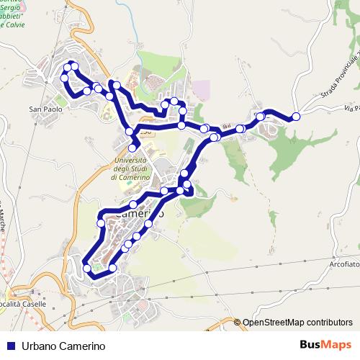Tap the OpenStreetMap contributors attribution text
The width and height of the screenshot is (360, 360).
[x=297, y=323]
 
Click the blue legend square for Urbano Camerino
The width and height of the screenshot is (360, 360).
[x=10, y=346]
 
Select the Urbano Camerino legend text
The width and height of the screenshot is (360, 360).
[x=63, y=346]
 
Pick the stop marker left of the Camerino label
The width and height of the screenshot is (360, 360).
[x=101, y=223]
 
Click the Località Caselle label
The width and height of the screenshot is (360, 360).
[x=24, y=304]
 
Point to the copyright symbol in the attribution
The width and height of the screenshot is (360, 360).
[x=237, y=323]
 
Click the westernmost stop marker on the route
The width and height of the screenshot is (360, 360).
[x=64, y=77]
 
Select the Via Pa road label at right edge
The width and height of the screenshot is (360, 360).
[x=351, y=109]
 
